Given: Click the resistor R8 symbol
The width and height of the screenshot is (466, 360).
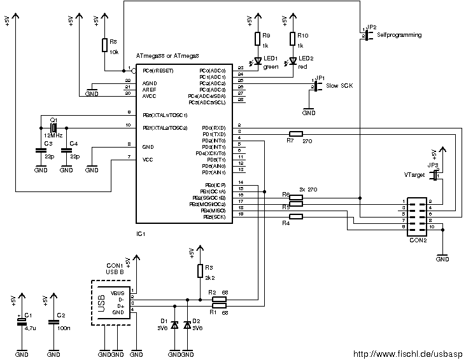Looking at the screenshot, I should (x=104, y=45).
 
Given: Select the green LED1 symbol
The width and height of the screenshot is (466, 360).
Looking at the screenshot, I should (x=258, y=61).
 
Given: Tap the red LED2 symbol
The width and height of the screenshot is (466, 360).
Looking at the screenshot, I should (x=292, y=61).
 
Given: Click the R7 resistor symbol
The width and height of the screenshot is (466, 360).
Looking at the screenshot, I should (x=294, y=133).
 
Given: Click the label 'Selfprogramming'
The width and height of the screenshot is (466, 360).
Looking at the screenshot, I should (x=399, y=36).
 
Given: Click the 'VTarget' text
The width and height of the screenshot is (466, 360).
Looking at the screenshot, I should (x=414, y=174).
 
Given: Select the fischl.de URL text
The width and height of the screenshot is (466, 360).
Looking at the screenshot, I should (x=408, y=354).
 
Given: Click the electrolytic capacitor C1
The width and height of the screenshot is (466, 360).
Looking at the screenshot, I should (x=22, y=322).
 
